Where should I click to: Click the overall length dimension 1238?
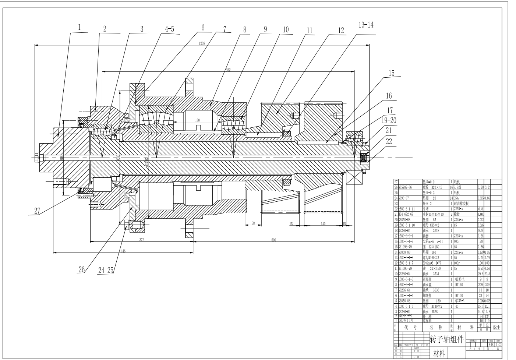pyautogui.click(x=202, y=43)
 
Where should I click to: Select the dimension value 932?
pyautogui.click(x=228, y=70)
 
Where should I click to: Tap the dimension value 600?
pyautogui.click(x=273, y=240)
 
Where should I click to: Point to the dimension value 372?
pyautogui.click(x=141, y=240)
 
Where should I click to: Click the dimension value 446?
pyautogui.click(x=123, y=251)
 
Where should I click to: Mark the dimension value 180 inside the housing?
pyautogui.click(x=197, y=120)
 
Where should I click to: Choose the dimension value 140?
pyautogui.click(x=322, y=223)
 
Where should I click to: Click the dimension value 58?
pyautogui.click(x=253, y=223)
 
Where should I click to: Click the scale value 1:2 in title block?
pyautogui.click(x=498, y=345)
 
